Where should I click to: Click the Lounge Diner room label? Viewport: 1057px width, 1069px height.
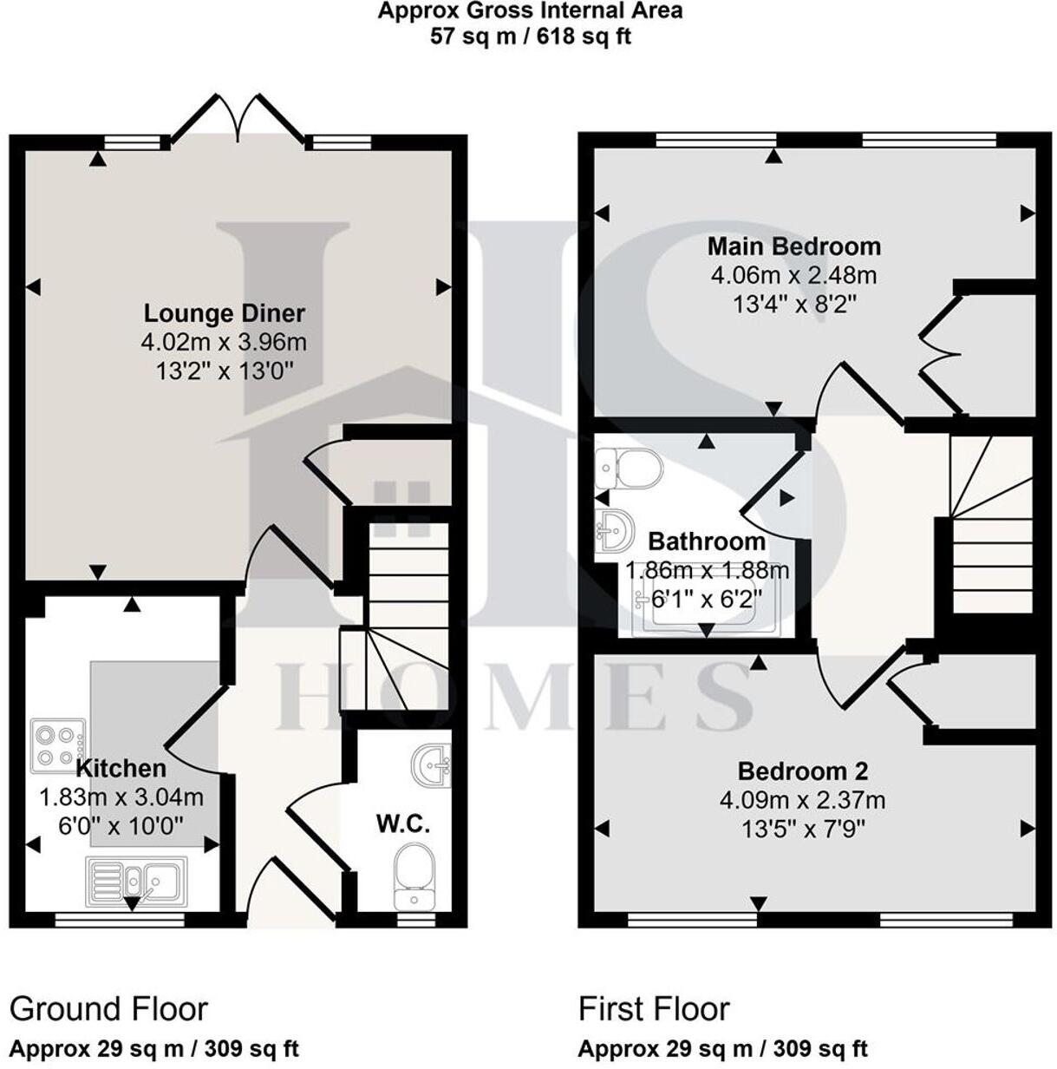[x=224, y=313]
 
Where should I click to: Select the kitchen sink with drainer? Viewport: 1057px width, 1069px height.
[x=136, y=883]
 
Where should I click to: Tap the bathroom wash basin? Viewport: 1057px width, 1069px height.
[x=612, y=531]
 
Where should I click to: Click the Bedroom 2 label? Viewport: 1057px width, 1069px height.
[x=802, y=771]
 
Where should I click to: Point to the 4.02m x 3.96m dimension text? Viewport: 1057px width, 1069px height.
[x=224, y=342]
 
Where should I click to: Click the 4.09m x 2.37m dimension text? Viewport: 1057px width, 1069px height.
[x=802, y=800]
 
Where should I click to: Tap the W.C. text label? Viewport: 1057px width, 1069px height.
[x=403, y=823]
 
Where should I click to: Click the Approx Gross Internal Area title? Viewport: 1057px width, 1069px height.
[x=530, y=11]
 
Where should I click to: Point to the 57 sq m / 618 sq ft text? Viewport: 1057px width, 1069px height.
[x=531, y=37]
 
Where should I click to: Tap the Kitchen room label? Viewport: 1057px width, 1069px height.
[x=121, y=768]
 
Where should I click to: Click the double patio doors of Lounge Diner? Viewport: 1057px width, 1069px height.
[x=238, y=119]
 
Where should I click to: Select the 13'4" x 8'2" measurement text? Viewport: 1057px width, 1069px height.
[x=794, y=304]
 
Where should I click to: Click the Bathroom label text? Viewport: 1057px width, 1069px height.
[x=707, y=542]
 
